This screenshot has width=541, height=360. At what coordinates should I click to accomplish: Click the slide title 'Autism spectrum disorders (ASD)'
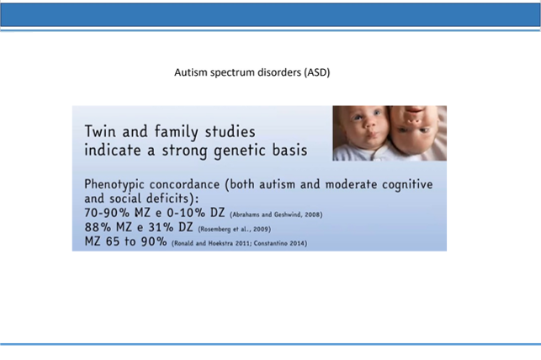tap(252, 72)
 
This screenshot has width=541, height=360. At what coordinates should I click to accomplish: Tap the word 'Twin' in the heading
tap(100, 131)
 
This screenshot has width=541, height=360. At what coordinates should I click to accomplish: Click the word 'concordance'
tap(184, 184)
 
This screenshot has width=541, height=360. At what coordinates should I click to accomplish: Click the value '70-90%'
tap(107, 213)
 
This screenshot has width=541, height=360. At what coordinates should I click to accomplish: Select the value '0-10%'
tap(186, 213)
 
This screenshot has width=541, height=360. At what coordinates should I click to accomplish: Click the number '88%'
tap(98, 227)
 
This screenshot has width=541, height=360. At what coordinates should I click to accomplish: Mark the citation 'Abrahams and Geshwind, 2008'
tap(276, 214)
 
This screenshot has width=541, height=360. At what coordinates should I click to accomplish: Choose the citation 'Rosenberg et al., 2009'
tap(235, 229)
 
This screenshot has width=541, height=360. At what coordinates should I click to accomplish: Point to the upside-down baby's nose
tap(414, 121)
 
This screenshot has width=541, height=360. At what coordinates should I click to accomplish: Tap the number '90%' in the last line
tap(154, 241)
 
